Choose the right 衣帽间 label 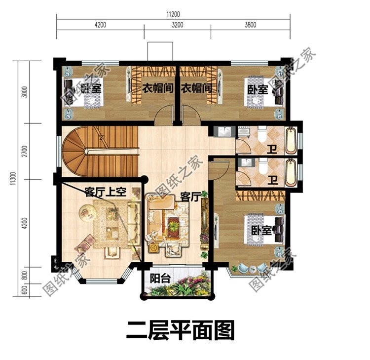(196, 89)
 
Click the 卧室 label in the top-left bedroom (91, 89)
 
